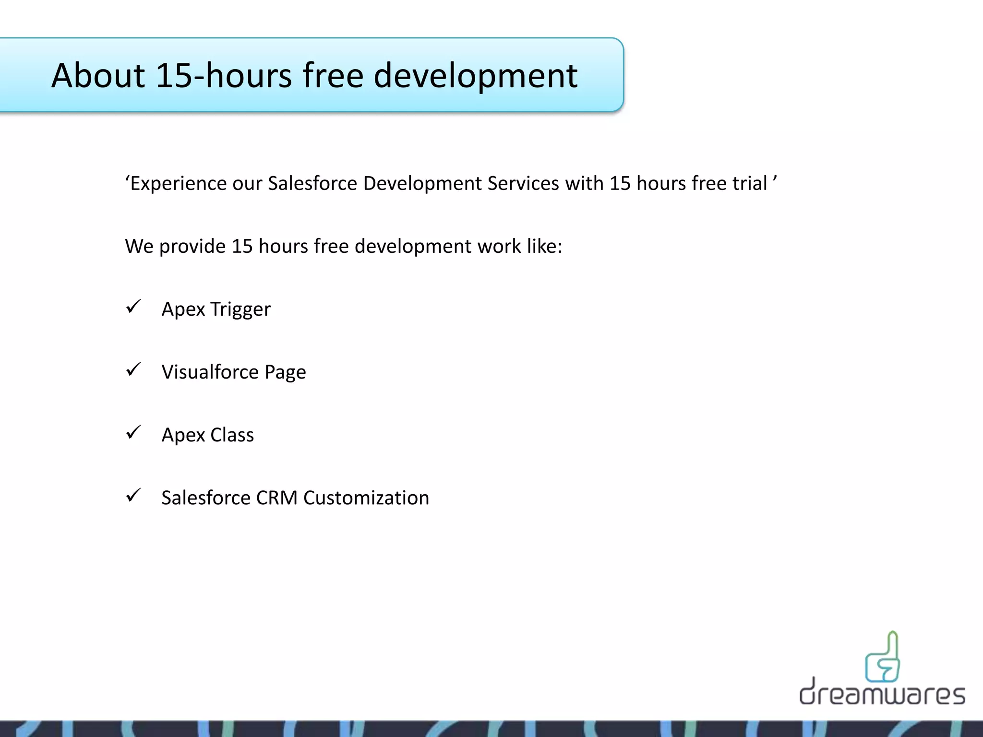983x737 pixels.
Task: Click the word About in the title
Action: pos(98,75)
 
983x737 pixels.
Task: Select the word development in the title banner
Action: pos(475,76)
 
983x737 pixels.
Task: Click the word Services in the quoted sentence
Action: pos(523,183)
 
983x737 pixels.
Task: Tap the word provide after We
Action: pos(192,247)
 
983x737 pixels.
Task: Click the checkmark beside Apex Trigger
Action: pos(133,307)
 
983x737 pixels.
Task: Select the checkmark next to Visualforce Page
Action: pos(133,369)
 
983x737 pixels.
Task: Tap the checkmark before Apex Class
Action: pos(133,432)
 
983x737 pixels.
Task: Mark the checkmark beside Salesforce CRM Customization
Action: pos(133,495)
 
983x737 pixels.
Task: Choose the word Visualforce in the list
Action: pos(210,372)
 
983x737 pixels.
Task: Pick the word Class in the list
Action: pos(232,435)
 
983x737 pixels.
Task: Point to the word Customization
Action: pos(366,498)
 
